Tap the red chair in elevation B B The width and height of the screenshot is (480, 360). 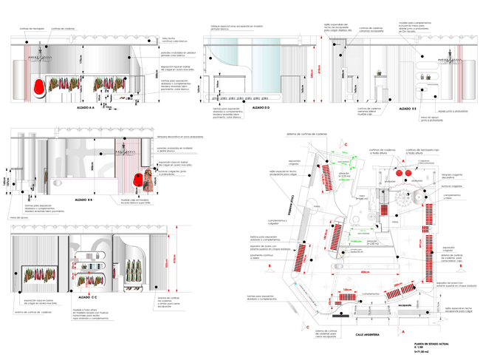coord(137,178)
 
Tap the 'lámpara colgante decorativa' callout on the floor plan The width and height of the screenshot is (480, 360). coord(451,177)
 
